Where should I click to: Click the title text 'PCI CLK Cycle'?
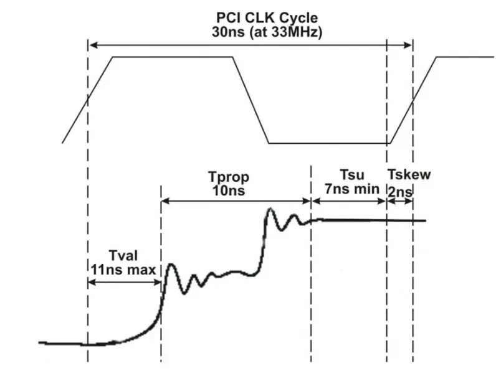click(x=267, y=18)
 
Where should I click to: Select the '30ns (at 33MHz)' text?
click(x=267, y=32)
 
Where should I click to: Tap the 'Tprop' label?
click(x=229, y=177)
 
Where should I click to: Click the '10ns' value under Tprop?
click(x=229, y=190)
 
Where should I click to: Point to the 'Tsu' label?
click(x=352, y=175)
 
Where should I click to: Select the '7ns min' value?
click(x=352, y=189)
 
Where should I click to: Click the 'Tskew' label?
click(x=409, y=175)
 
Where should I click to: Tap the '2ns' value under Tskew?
click(x=400, y=192)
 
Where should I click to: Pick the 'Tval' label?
click(x=123, y=256)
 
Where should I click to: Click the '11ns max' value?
click(x=123, y=270)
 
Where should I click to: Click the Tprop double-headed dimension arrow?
click(x=236, y=201)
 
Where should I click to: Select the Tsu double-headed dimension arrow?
click(x=348, y=201)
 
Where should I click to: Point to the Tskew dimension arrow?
click(x=400, y=201)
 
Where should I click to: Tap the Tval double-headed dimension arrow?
click(x=125, y=282)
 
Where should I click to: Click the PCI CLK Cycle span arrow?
click(x=250, y=45)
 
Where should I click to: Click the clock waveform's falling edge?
click(x=251, y=100)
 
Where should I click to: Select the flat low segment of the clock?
click(x=330, y=143)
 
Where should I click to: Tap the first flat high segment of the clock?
click(x=173, y=57)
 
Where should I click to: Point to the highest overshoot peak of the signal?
click(x=270, y=209)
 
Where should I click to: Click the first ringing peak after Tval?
click(x=171, y=265)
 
